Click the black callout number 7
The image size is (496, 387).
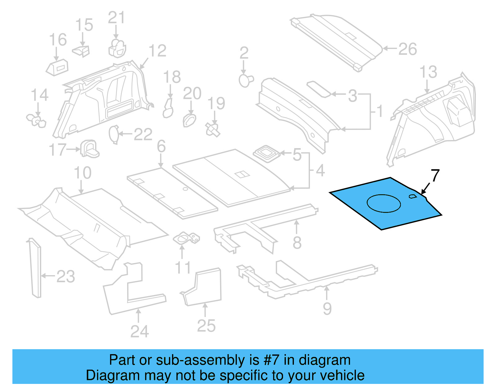[435, 176]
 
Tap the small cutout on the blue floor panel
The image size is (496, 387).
[413, 196]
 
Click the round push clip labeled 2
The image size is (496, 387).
[246, 80]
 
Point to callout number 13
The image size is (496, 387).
[428, 72]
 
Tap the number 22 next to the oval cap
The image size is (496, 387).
[143, 134]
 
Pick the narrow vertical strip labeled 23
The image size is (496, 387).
[35, 268]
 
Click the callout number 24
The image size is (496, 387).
[139, 331]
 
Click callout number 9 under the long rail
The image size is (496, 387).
[327, 309]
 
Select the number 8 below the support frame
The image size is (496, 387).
[297, 243]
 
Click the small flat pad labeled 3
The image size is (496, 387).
[318, 89]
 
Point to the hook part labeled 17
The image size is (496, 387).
[89, 149]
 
